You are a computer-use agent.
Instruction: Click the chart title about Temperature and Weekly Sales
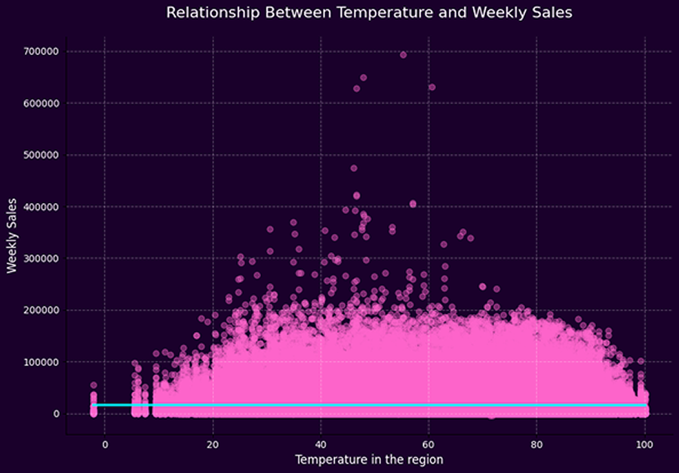click(369, 12)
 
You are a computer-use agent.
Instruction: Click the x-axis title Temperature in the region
click(369, 459)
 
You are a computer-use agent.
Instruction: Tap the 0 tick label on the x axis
click(105, 444)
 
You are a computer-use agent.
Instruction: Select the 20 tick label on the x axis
click(213, 444)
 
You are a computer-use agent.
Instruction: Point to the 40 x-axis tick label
click(321, 444)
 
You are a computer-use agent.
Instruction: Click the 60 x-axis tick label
click(429, 444)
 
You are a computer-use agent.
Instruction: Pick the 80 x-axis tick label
click(536, 444)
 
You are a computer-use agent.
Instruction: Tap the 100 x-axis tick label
click(644, 444)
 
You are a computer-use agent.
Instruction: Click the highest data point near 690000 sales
click(403, 54)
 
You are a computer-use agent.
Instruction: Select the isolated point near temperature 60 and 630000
click(432, 87)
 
